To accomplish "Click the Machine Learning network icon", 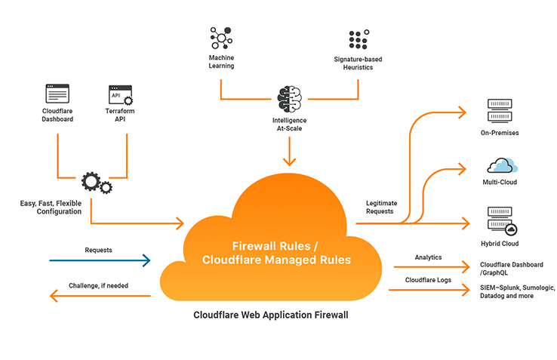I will click(222, 38).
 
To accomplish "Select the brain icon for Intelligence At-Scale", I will click(289, 99).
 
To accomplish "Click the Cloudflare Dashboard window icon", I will click(57, 94).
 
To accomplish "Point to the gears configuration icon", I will click(96, 183).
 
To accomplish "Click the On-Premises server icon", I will click(499, 112).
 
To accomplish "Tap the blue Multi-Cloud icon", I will click(500, 165).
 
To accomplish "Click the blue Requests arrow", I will click(100, 261).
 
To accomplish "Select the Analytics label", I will click(428, 257).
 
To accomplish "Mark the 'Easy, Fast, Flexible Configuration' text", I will click(51, 207).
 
